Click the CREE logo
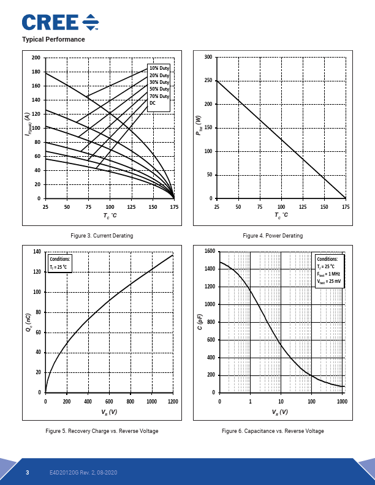pyautogui.click(x=60, y=22)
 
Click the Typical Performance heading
pyautogui.click(x=53, y=39)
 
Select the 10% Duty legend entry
pyautogui.click(x=159, y=68)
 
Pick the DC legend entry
pyautogui.click(x=153, y=103)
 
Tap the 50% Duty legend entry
pyautogui.click(x=159, y=89)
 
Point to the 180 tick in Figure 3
pyautogui.click(x=36, y=72)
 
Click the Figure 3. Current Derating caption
pyautogui.click(x=102, y=236)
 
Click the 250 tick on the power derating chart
pyautogui.click(x=208, y=80)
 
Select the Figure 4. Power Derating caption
pyautogui.click(x=273, y=236)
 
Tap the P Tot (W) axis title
pyautogui.click(x=199, y=126)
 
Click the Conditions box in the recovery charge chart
pyautogui.click(x=60, y=263)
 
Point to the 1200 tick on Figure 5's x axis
pyautogui.click(x=173, y=402)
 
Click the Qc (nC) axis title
pyautogui.click(x=28, y=323)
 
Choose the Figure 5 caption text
pyautogui.click(x=102, y=431)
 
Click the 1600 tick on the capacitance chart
pyautogui.click(x=210, y=251)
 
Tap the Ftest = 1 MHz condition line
pyautogui.click(x=328, y=274)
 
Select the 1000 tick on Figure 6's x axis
pyautogui.click(x=342, y=402)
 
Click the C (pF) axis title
pyautogui.click(x=200, y=322)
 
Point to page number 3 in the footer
pyautogui.click(x=28, y=473)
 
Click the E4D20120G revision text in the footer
pyautogui.click(x=83, y=473)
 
